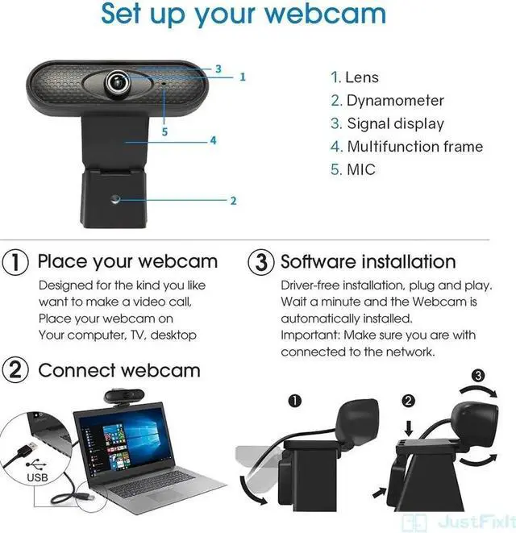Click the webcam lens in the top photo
pyautogui.click(x=119, y=81)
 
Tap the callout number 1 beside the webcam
pyautogui.click(x=243, y=77)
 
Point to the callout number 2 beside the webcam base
pyautogui.click(x=233, y=201)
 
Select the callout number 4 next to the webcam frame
pyautogui.click(x=213, y=140)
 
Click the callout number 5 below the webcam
pyautogui.click(x=164, y=131)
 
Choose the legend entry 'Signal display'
pyautogui.click(x=387, y=123)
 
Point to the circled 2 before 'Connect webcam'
pyautogui.click(x=16, y=370)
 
